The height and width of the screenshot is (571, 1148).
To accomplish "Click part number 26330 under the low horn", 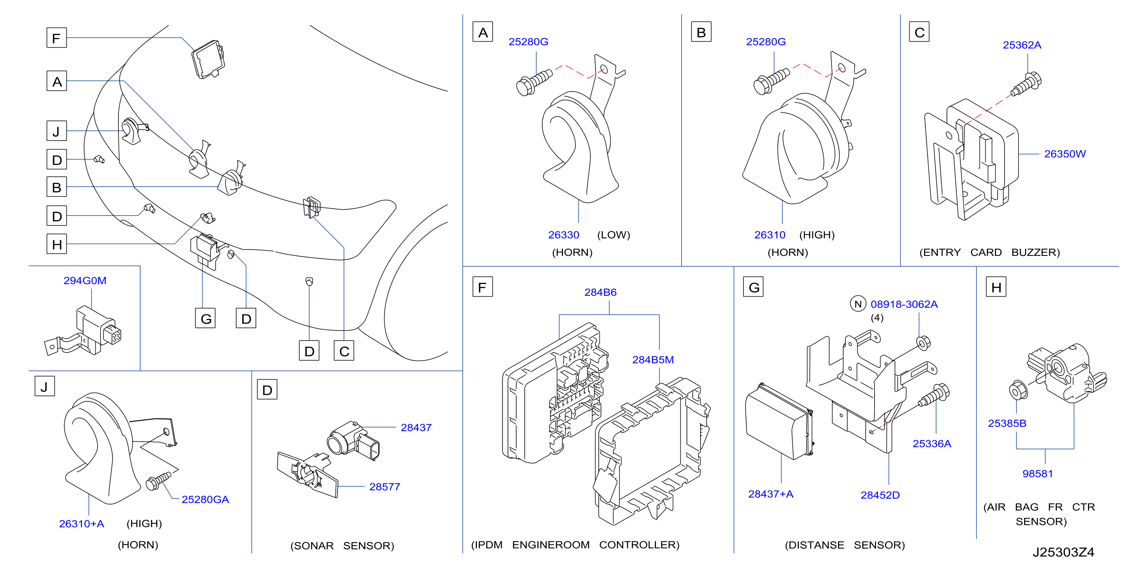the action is point(563,235).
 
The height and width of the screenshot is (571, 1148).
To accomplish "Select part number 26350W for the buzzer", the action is point(1065,154).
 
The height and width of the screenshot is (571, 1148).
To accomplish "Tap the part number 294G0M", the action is point(85,280).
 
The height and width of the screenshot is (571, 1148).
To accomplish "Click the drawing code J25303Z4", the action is point(1063,552).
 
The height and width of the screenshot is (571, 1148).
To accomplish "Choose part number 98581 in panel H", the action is point(1038,473).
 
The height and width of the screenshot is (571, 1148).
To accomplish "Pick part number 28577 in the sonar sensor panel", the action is point(385,487).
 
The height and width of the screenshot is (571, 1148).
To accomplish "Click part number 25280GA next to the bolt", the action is point(205,499).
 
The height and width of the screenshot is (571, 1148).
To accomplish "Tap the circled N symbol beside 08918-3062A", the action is point(858,304).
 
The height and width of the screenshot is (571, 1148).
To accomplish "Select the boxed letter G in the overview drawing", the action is point(205,318).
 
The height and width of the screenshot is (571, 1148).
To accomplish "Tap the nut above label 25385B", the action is point(1018,391).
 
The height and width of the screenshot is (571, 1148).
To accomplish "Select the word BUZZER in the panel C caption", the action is point(1035,252).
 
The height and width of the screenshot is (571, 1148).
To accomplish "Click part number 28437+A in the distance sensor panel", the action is point(771,494).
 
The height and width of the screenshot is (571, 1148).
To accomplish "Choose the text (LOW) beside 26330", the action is point(614,235).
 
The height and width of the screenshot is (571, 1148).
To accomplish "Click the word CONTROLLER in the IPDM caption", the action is point(639,545).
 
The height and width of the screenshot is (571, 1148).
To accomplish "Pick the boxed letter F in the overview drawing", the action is point(57,38).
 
